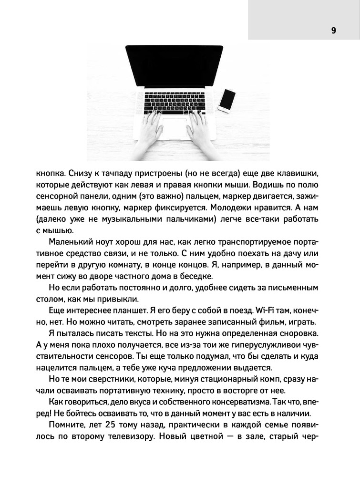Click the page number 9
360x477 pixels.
pyautogui.click(x=333, y=31)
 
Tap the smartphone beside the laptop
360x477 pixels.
pyautogui.click(x=227, y=100)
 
